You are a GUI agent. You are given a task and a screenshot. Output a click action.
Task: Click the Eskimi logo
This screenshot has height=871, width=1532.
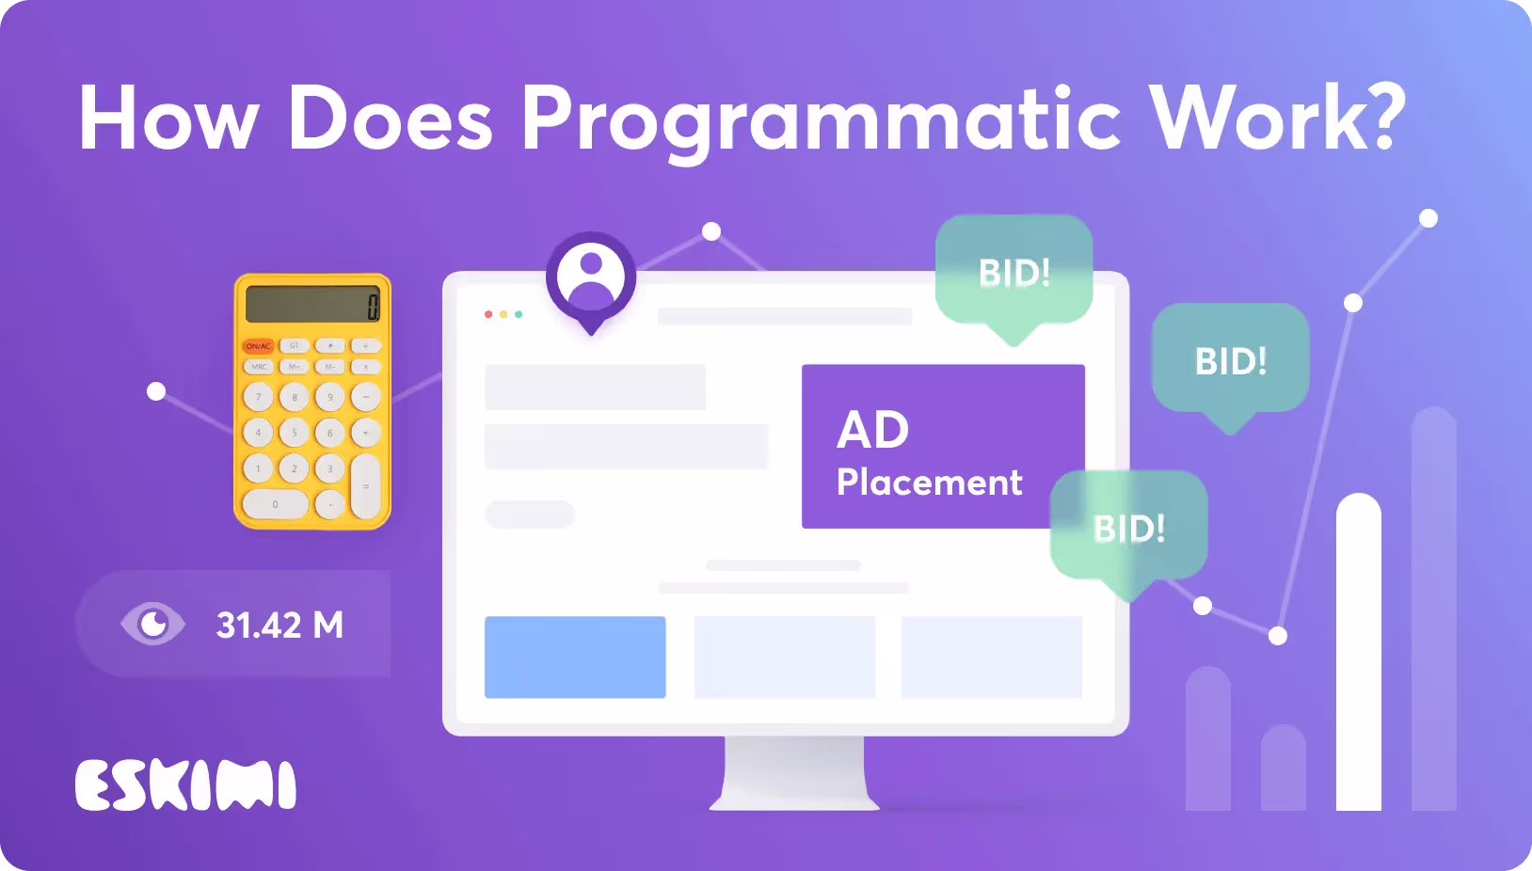point(185,784)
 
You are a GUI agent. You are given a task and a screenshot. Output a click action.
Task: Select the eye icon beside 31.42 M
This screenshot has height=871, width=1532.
point(152,624)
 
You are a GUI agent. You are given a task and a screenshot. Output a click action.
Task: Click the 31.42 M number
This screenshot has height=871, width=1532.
point(279,625)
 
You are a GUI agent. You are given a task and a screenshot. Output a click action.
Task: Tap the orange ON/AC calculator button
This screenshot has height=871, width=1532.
point(259,346)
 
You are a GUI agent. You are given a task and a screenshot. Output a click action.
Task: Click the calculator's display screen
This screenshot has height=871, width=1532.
point(312,304)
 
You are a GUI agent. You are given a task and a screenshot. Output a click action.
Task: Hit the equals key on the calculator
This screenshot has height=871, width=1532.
point(366,486)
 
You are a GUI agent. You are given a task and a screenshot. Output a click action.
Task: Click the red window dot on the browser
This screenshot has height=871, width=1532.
point(488,314)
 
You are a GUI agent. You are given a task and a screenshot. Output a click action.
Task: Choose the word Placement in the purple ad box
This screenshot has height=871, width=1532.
point(930,483)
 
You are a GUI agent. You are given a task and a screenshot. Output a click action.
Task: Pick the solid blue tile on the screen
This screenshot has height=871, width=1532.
point(575,657)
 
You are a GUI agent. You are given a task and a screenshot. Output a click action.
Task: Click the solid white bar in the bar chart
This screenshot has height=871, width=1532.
point(1358,652)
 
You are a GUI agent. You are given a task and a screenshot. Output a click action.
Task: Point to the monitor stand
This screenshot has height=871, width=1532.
point(794,773)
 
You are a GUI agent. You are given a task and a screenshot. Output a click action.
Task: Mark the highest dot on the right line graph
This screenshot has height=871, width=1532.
point(1428,218)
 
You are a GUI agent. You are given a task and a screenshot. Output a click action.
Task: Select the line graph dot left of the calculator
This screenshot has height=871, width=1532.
point(156,391)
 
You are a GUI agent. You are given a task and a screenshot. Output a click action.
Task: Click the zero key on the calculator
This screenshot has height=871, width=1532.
point(275,504)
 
